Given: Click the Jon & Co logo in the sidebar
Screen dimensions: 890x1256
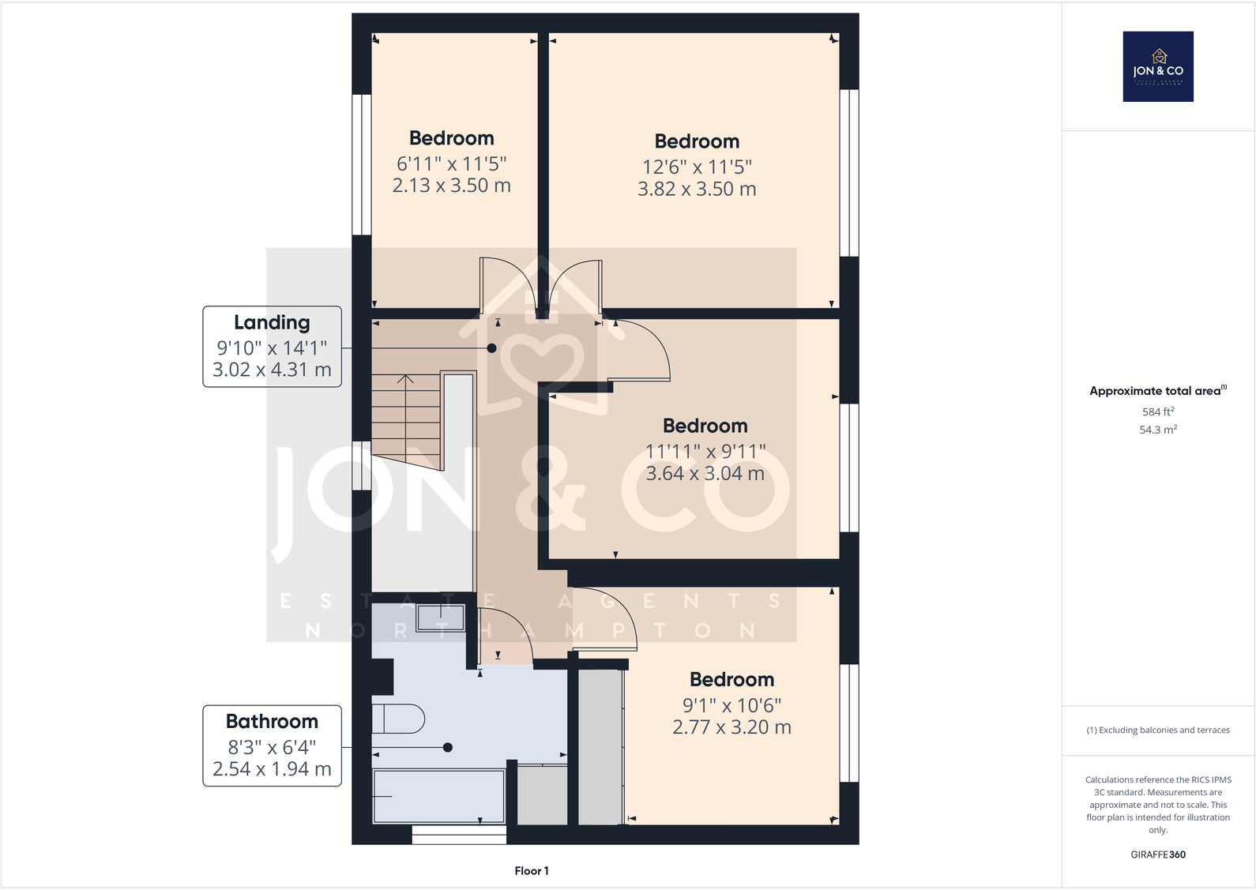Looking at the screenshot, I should click(x=1158, y=66).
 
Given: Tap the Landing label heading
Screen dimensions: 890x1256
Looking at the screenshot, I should click(x=272, y=322).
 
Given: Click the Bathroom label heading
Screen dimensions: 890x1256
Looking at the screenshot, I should click(x=272, y=721).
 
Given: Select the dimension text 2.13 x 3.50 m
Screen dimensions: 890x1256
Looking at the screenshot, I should click(x=452, y=186).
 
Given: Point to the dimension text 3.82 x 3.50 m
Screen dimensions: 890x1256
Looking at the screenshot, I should click(x=697, y=189).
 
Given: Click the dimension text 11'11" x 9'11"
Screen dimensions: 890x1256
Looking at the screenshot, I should click(x=705, y=451).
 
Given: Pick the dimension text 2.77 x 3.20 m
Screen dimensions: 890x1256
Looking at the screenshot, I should click(x=731, y=727).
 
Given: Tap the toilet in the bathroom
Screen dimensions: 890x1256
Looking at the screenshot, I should click(x=399, y=719).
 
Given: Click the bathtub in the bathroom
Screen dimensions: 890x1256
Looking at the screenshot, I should click(x=438, y=796).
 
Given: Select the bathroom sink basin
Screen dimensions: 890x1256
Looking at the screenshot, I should click(x=440, y=618).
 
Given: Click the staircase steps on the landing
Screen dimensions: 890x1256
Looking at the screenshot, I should click(x=406, y=419).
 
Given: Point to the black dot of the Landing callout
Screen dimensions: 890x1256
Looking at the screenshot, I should click(x=491, y=348).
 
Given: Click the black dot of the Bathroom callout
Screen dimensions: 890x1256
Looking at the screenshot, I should click(x=448, y=747).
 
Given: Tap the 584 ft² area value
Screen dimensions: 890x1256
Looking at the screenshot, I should click(x=1158, y=411).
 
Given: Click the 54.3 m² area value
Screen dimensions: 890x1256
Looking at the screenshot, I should click(x=1158, y=430).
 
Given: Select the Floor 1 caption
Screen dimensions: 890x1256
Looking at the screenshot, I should click(x=531, y=870).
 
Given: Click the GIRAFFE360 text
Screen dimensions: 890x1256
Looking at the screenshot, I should click(x=1158, y=854).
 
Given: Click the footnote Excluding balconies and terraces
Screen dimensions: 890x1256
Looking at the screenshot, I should click(x=1158, y=730).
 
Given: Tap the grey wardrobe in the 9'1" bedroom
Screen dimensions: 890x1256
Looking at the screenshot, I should click(x=600, y=746).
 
